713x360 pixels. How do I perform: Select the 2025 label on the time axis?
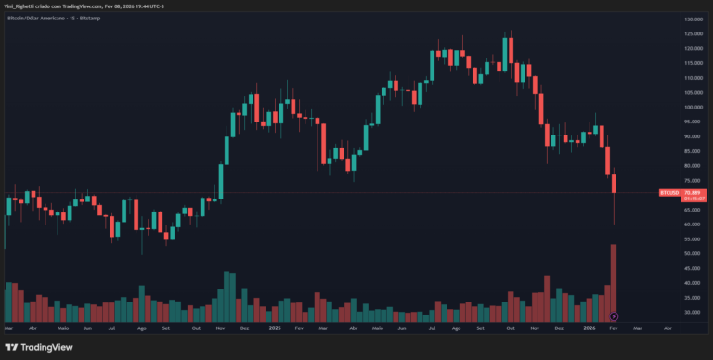275,328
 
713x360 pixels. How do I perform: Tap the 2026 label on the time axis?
589,328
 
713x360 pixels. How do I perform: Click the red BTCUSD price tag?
668,192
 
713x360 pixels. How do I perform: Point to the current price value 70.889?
691,192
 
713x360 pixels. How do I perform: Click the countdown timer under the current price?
691,198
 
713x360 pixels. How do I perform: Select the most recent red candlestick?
615,184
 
